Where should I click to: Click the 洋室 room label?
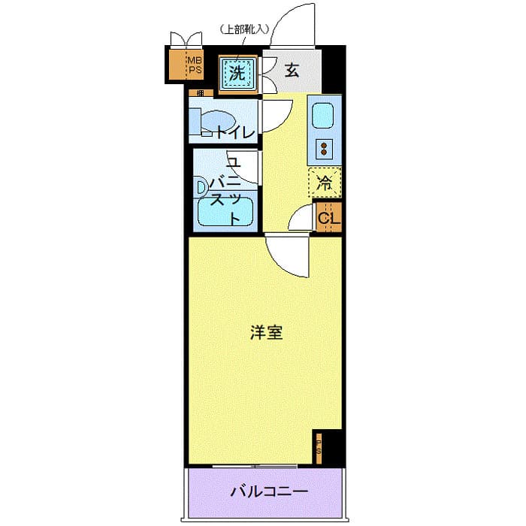point(266,332)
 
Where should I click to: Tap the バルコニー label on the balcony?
point(268,492)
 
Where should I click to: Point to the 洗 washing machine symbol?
point(237,73)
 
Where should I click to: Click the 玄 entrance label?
point(292,72)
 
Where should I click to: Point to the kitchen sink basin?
point(324,116)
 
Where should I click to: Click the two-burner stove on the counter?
point(325,148)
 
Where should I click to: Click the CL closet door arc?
point(303,219)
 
